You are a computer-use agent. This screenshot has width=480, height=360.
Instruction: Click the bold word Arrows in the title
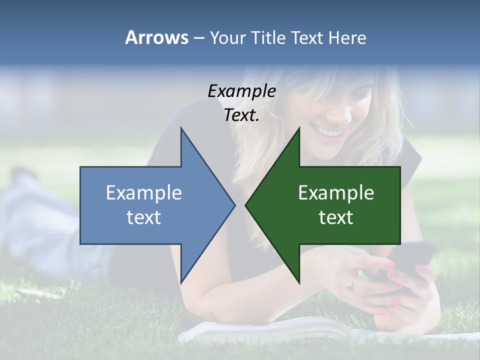157,37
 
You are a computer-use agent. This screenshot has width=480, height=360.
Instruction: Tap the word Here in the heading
347,38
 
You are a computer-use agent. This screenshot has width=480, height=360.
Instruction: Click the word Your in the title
228,38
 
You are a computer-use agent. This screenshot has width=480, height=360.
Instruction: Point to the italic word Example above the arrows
241,91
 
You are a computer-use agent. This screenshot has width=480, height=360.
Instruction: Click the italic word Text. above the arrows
241,115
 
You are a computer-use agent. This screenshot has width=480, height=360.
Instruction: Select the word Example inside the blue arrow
144,192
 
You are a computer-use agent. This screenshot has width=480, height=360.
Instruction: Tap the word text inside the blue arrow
144,217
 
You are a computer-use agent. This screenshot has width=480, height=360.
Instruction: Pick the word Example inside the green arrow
336,192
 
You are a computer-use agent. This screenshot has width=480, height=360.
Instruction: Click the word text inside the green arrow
336,217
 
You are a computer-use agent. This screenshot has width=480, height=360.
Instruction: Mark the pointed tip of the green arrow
246,205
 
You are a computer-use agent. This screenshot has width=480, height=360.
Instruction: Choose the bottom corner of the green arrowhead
299,282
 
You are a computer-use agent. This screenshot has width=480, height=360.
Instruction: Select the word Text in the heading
308,38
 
